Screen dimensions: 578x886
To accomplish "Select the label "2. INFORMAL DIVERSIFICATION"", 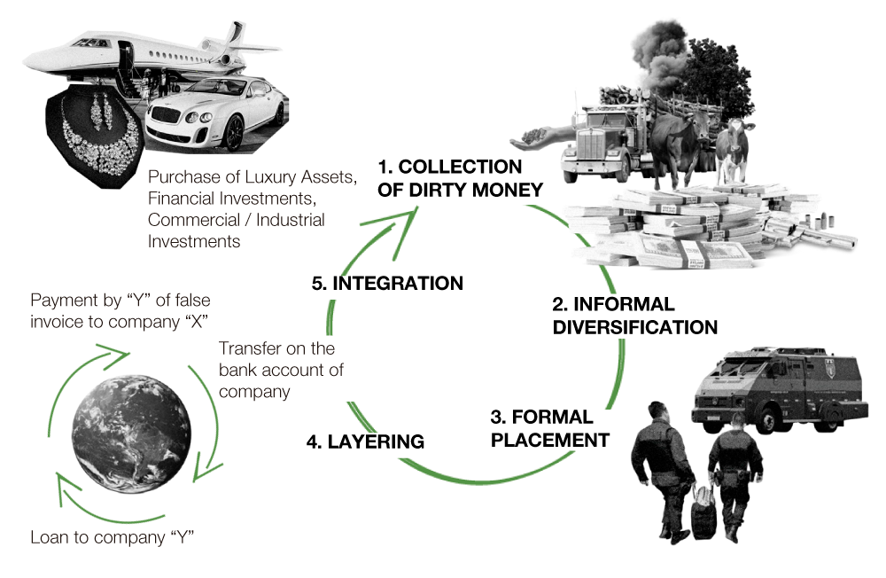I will tap(634, 316).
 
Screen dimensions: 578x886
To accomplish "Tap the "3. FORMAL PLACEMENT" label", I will tap(549, 428).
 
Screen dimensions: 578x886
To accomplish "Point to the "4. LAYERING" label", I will tap(365, 441).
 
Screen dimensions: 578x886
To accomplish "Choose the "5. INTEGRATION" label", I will tap(387, 284).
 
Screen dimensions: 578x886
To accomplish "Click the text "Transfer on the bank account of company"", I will tap(281, 369).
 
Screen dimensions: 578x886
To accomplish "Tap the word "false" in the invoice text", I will tap(188, 300).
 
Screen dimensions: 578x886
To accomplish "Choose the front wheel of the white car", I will tap(233, 133).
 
